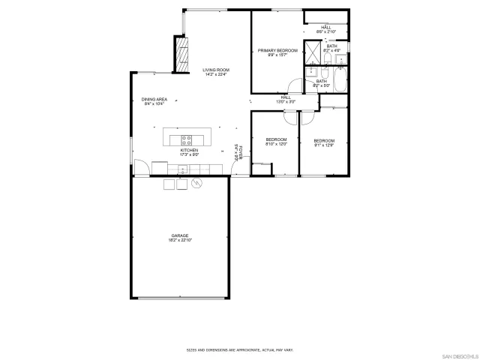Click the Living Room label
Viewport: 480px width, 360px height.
[215, 73]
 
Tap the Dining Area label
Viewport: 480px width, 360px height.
[154, 101]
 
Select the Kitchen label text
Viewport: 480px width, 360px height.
[188, 152]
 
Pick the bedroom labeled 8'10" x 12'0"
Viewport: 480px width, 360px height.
[277, 142]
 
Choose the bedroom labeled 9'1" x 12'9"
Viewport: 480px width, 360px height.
[324, 142]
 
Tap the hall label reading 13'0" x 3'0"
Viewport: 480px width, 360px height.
[286, 99]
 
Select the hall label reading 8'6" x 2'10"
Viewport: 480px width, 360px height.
[325, 29]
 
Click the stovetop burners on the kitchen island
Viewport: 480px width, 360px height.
[187, 139]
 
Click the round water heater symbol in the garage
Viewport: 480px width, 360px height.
[197, 184]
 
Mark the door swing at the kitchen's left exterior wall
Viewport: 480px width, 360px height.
[139, 169]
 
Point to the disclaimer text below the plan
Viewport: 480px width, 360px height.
[239, 349]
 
